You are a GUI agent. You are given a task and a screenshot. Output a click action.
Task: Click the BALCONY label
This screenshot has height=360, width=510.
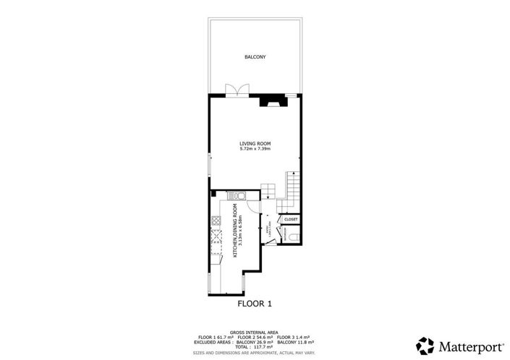[255, 56]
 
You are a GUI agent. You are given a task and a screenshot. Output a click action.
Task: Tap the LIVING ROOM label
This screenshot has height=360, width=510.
[255, 143]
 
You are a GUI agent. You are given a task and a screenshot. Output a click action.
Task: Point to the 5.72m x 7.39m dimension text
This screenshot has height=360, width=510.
[255, 149]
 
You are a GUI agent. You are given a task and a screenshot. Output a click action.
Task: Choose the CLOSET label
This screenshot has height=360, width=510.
[291, 219]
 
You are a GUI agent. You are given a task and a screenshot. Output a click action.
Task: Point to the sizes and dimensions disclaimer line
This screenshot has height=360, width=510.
[255, 353]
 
